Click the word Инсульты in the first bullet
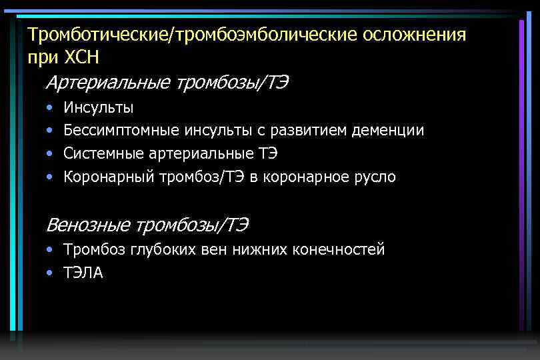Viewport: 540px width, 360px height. point(98,107)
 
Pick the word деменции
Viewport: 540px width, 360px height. point(392,131)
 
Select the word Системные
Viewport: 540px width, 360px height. point(99,154)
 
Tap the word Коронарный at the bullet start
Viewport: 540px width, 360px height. point(109,177)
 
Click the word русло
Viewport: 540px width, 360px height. point(375,177)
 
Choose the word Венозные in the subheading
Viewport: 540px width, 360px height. point(88,225)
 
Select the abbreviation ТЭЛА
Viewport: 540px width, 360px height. point(83,273)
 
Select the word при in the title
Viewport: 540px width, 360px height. point(39,57)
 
